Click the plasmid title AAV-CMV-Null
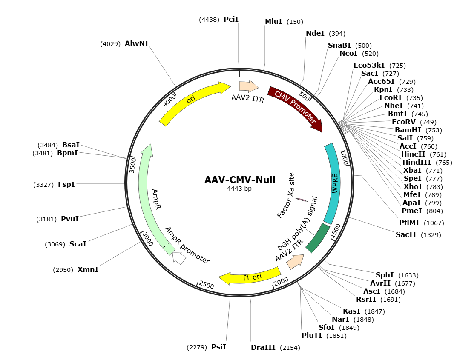click(240, 180)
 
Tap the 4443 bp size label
click(239, 189)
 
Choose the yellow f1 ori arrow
click(251, 276)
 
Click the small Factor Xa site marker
click(302, 199)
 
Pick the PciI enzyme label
click(231, 20)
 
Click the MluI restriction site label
click(273, 21)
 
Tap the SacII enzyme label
click(406, 234)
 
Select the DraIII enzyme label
click(263, 348)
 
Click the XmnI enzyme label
click(88, 269)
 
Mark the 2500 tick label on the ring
click(206, 285)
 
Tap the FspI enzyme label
click(66, 185)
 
